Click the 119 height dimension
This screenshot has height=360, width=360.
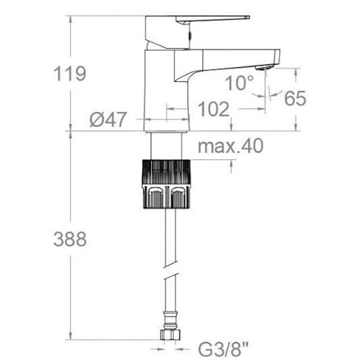pos(70,73)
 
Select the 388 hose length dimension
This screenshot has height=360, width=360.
pos(70,239)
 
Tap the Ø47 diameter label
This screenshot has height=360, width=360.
pos(108,120)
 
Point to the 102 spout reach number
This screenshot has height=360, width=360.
pos(213,109)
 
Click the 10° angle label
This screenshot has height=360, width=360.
pos(239,83)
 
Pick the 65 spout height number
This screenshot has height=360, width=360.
pos(295,98)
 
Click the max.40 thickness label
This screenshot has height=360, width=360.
pos(231,146)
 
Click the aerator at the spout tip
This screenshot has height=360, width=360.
pos(264,67)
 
